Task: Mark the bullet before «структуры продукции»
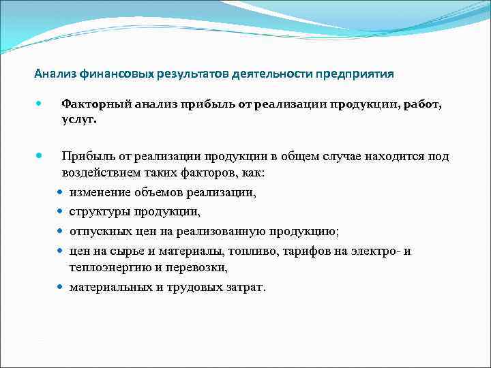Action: click(x=61, y=212)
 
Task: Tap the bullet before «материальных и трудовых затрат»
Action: click(x=61, y=287)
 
